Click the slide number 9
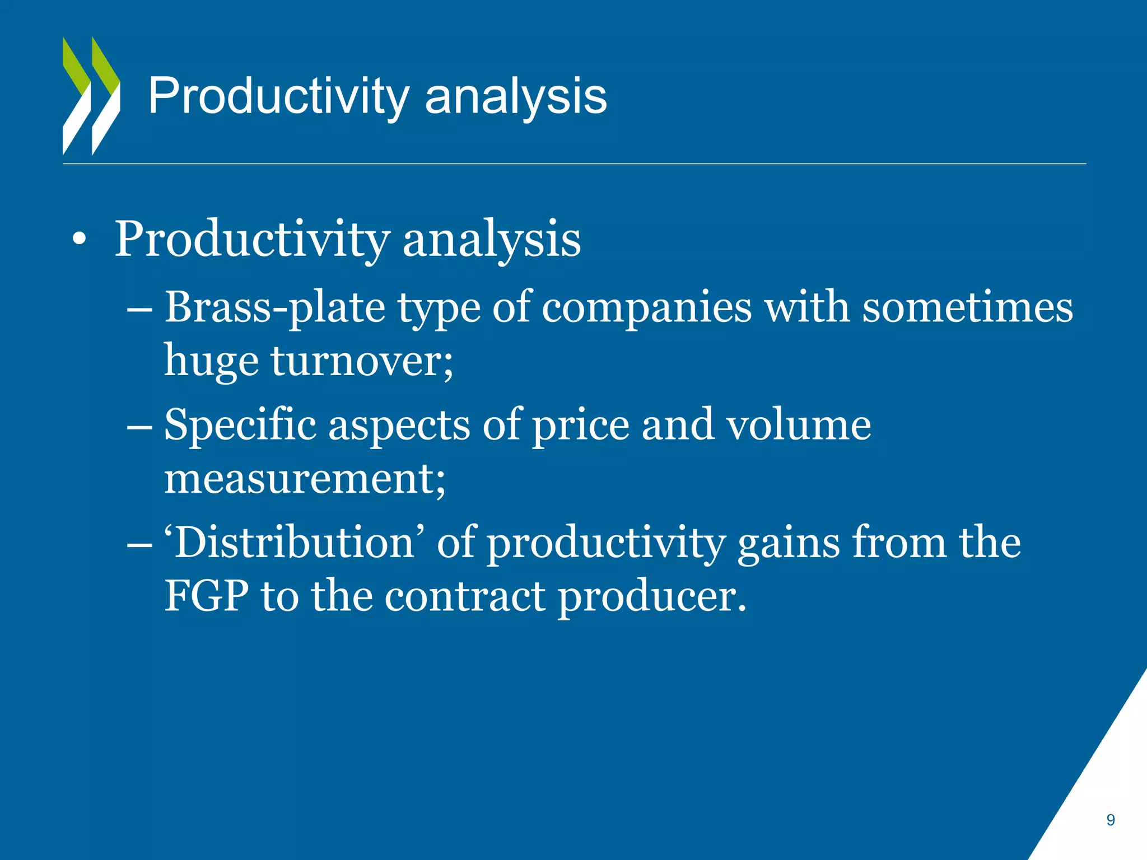pos(1110,820)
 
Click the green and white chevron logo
pos(91,96)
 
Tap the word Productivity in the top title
pos(278,97)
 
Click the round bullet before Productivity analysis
pos(80,239)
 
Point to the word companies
pos(646,308)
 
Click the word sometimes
pos(967,308)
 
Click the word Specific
pos(240,426)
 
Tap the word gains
pos(788,543)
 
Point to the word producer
pos(652,597)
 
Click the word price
pos(580,426)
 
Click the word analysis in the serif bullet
pos(491,240)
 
